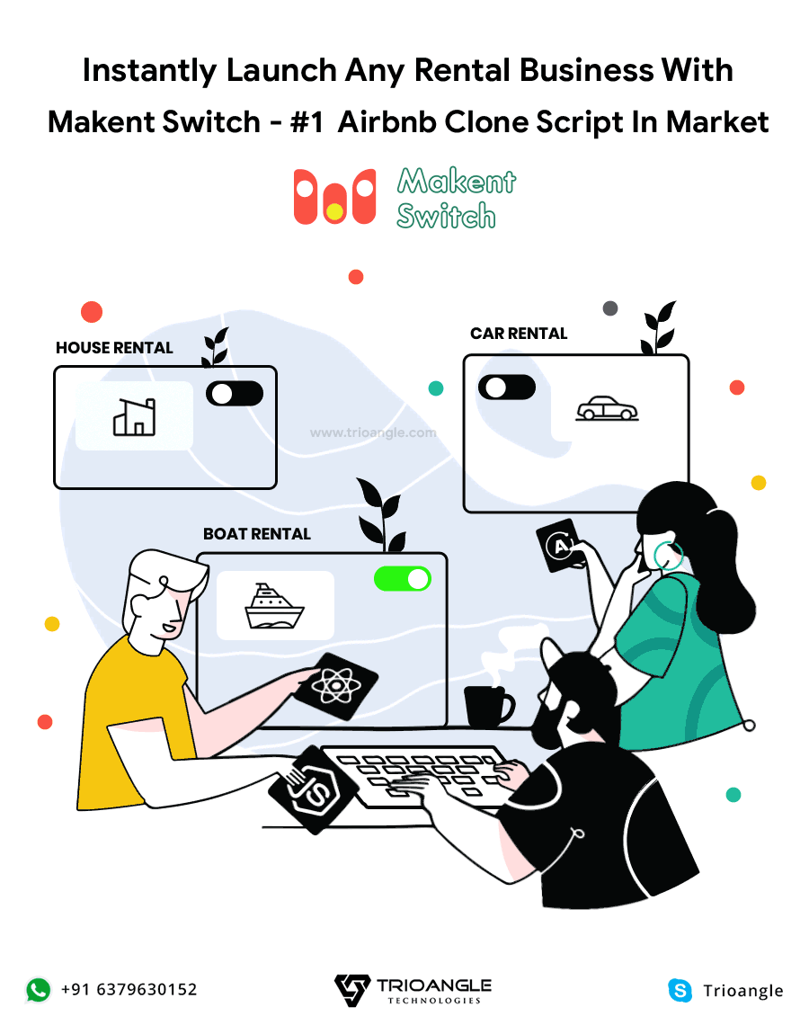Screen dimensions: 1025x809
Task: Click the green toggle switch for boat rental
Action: click(402, 579)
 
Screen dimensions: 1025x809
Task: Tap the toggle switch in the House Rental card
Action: click(235, 393)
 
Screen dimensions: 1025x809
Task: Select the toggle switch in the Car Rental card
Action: click(507, 388)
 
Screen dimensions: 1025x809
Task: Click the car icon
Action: click(607, 409)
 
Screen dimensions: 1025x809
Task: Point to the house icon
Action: click(134, 416)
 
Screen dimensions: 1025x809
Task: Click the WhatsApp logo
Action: click(39, 990)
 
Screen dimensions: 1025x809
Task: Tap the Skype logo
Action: click(680, 990)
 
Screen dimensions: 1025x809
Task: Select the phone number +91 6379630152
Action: click(129, 990)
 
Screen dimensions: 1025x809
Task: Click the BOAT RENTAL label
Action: click(257, 534)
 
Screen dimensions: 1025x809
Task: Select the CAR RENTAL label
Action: click(519, 334)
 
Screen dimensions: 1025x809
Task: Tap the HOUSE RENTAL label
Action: click(114, 348)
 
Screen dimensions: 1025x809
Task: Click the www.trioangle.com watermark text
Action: click(373, 432)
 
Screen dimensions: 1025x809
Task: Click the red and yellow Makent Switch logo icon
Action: click(334, 197)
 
